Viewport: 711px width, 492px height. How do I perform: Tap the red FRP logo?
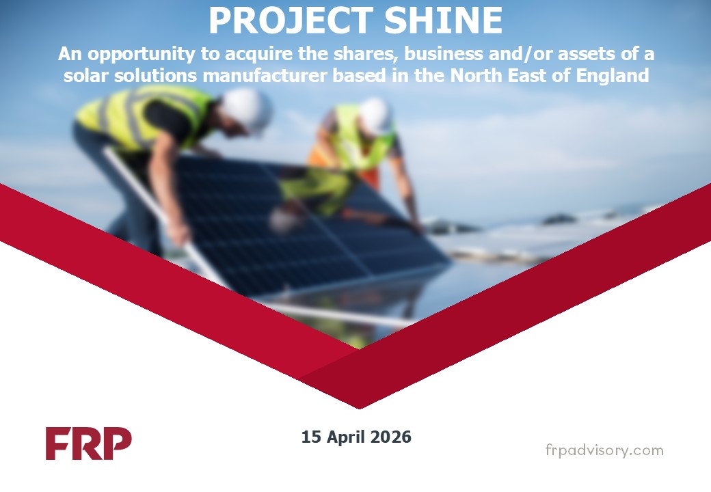(x=89, y=443)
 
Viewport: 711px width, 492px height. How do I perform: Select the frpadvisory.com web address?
(x=604, y=450)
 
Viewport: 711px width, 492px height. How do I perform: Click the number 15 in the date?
(x=310, y=437)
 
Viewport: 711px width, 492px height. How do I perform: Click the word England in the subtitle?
(x=614, y=75)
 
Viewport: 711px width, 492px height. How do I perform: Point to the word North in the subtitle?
(x=473, y=75)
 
